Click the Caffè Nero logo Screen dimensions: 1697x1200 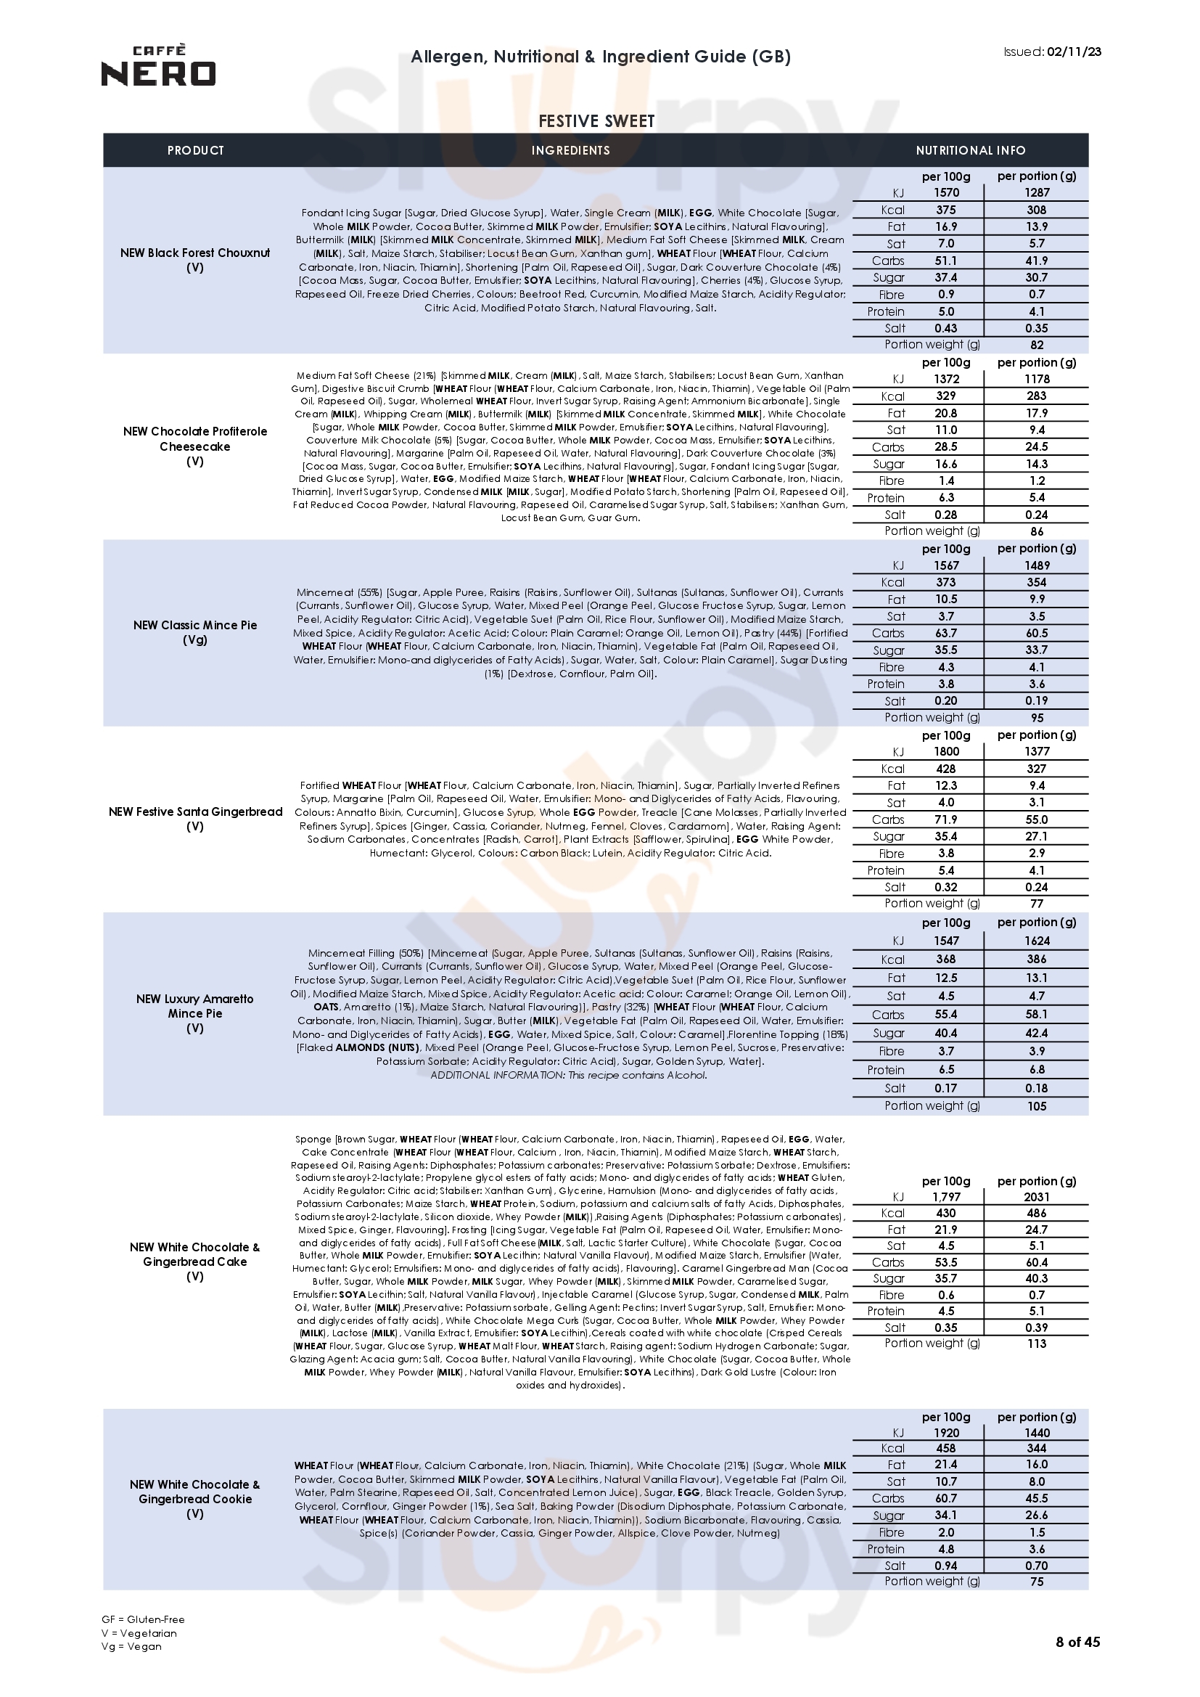point(158,66)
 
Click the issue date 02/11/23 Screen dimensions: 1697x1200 point(1074,52)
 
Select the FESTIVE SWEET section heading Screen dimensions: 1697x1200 point(596,121)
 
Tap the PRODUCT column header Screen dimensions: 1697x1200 point(195,151)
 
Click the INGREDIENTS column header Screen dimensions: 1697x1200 point(570,151)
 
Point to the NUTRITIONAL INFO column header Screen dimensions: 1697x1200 point(970,151)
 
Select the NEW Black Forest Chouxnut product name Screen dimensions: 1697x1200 point(195,253)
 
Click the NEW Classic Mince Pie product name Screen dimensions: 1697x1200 point(195,625)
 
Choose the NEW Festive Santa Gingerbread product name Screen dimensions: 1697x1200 point(195,811)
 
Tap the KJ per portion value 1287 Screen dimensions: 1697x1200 point(1036,193)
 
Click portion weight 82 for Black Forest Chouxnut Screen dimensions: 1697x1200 point(1037,345)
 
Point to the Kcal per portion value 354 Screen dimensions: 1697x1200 point(1036,582)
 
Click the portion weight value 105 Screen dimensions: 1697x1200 point(1037,1106)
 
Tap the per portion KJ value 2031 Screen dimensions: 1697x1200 point(1036,1197)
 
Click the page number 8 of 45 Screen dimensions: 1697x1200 point(1077,1663)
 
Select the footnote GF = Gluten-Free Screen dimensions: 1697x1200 point(144,1619)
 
